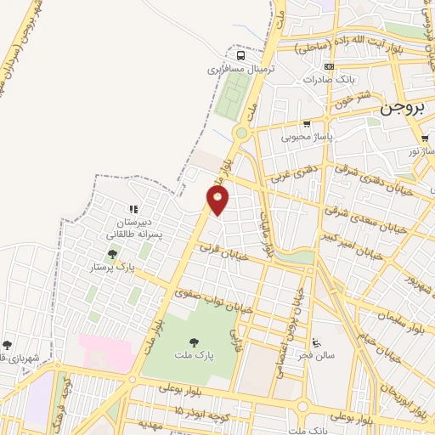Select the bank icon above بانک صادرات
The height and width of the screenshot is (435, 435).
(x=330, y=66)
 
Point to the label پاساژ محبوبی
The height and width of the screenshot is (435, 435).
(x=309, y=135)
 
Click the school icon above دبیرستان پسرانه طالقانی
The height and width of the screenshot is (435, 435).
(x=133, y=209)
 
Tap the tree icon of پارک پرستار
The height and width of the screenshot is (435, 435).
(x=112, y=254)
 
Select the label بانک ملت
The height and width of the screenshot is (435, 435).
(x=308, y=429)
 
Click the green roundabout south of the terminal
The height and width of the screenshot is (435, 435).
(x=241, y=133)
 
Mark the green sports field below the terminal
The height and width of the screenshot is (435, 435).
(x=228, y=98)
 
